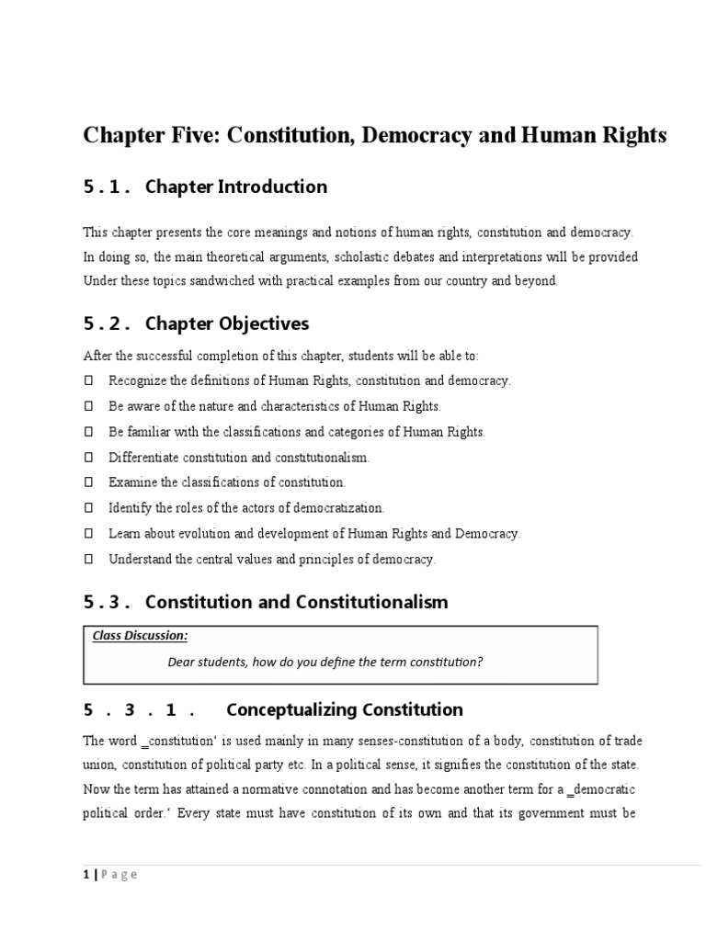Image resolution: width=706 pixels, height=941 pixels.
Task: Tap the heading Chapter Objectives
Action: point(227,323)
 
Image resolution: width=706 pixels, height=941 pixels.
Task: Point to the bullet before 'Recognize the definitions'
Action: point(88,380)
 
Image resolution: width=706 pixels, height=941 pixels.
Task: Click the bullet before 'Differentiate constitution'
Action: point(88,457)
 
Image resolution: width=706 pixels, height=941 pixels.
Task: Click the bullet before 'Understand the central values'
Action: point(88,559)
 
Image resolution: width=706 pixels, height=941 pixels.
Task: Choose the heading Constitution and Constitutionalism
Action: point(296,602)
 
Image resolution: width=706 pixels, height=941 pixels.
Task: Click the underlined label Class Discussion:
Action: point(140,635)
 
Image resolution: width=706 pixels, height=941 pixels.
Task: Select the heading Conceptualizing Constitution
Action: point(344,709)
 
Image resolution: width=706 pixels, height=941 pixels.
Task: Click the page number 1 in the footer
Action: point(85,874)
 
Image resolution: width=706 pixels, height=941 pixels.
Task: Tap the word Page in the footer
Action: point(120,874)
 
